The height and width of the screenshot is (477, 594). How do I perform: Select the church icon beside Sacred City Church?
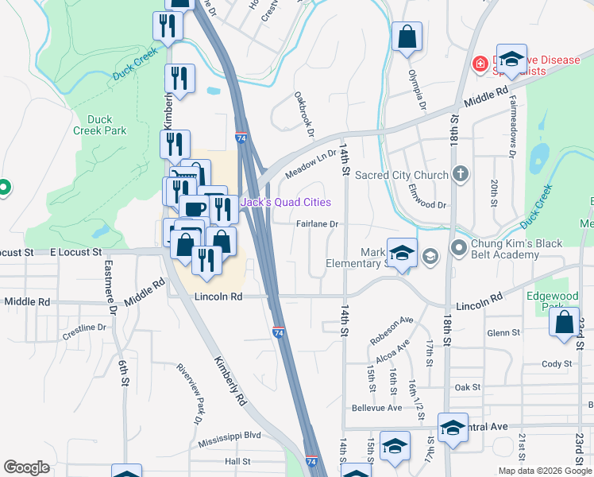tap(461, 175)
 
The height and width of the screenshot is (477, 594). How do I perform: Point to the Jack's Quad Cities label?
tap(286, 202)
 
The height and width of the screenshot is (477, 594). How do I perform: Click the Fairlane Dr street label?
tap(318, 224)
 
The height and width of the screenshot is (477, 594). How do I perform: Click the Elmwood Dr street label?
tap(426, 204)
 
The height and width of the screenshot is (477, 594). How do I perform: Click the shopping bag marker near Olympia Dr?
tap(407, 37)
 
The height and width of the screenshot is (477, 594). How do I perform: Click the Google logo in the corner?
tap(27, 467)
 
